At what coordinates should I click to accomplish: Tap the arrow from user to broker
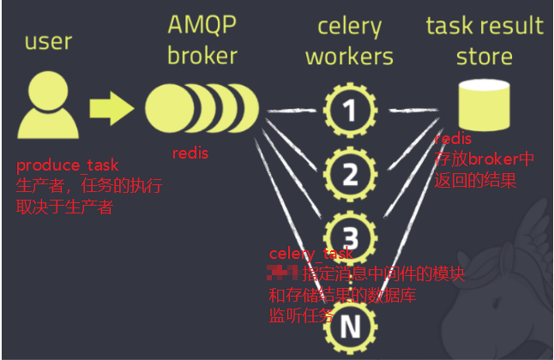(111, 109)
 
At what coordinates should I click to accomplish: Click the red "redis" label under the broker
(190, 153)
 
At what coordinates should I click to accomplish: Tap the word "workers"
(349, 57)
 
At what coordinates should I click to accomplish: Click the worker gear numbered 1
(349, 110)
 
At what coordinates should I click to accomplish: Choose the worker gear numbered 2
(349, 175)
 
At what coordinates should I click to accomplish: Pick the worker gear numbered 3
(349, 234)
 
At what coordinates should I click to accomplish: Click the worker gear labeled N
(349, 326)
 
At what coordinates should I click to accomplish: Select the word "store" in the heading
(485, 57)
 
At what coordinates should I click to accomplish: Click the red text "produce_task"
(68, 165)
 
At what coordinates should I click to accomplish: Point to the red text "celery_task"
(310, 254)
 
